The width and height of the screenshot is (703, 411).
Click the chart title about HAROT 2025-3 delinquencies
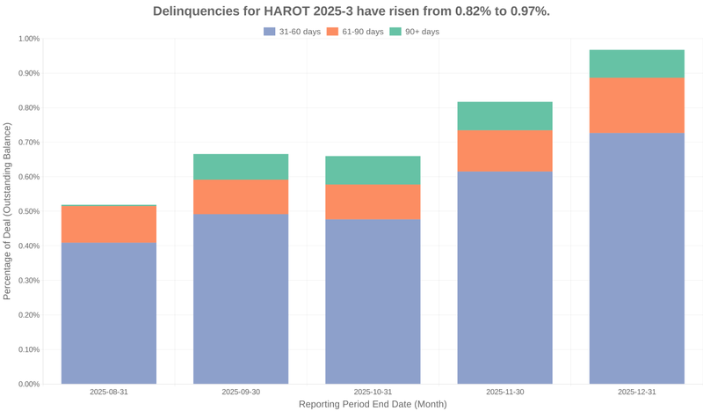(351, 11)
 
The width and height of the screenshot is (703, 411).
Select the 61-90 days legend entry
(356, 32)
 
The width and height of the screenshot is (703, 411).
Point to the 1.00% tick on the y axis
(26, 39)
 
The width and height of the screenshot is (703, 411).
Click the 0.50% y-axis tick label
(26, 211)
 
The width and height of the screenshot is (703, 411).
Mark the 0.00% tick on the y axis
(26, 384)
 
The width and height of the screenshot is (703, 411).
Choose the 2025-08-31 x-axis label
(109, 392)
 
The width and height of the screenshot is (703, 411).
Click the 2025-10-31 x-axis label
(373, 392)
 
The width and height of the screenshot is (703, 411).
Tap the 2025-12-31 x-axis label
(636, 392)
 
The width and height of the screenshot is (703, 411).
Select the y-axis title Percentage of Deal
(8, 211)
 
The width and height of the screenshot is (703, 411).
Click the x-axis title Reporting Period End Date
(373, 405)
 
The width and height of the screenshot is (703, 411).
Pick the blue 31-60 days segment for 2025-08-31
(109, 312)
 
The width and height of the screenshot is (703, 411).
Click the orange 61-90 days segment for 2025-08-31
(109, 224)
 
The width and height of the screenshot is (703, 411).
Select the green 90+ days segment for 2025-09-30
(241, 166)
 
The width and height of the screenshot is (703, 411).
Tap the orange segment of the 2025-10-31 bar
(373, 202)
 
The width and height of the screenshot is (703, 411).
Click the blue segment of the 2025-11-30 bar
(504, 277)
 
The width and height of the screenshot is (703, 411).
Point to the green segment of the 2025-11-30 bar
(504, 116)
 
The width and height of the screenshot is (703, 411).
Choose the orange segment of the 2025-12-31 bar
(636, 105)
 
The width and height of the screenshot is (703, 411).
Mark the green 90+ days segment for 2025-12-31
(636, 63)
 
